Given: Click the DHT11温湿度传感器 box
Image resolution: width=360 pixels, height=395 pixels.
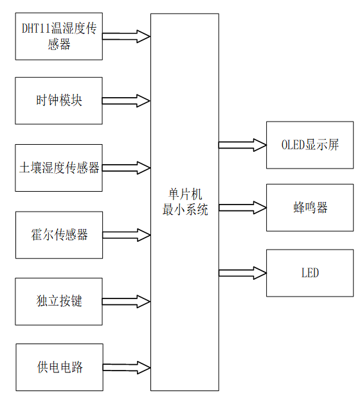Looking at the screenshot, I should tap(59, 37).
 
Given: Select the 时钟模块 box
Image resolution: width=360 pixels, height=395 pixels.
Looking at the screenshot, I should tap(59, 101).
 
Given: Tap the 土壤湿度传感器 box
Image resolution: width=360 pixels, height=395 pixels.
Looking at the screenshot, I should tap(59, 168).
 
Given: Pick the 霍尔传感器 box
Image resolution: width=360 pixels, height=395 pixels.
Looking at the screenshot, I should tap(59, 235).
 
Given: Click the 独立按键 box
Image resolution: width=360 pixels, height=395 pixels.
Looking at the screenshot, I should tap(59, 301).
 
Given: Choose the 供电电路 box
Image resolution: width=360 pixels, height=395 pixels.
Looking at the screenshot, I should tap(59, 367).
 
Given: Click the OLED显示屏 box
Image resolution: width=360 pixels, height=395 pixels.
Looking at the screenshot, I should tap(310, 145).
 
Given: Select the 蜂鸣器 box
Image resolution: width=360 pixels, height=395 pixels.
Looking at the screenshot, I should tap(310, 208).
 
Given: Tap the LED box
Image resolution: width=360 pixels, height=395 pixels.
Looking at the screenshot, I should tap(310, 273).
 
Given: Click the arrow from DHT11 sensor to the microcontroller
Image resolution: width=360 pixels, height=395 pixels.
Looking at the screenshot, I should tap(126, 36).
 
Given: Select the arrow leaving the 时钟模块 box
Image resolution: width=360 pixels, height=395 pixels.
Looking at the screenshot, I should tap(126, 100).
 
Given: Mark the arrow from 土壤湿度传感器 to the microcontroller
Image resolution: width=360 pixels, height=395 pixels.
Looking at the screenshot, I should tap(126, 168).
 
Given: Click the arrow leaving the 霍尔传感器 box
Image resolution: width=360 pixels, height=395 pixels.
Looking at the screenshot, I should tap(126, 235).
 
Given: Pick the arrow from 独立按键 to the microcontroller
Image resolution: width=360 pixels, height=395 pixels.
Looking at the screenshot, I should tap(126, 301).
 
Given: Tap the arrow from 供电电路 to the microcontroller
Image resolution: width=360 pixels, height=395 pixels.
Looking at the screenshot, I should tap(126, 367).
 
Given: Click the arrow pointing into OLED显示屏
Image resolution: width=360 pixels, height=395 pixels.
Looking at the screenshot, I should tap(242, 145).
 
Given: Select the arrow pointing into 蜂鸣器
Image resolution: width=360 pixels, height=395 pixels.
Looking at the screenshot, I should tap(242, 207).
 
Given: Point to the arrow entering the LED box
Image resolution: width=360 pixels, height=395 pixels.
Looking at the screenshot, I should tap(242, 273).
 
